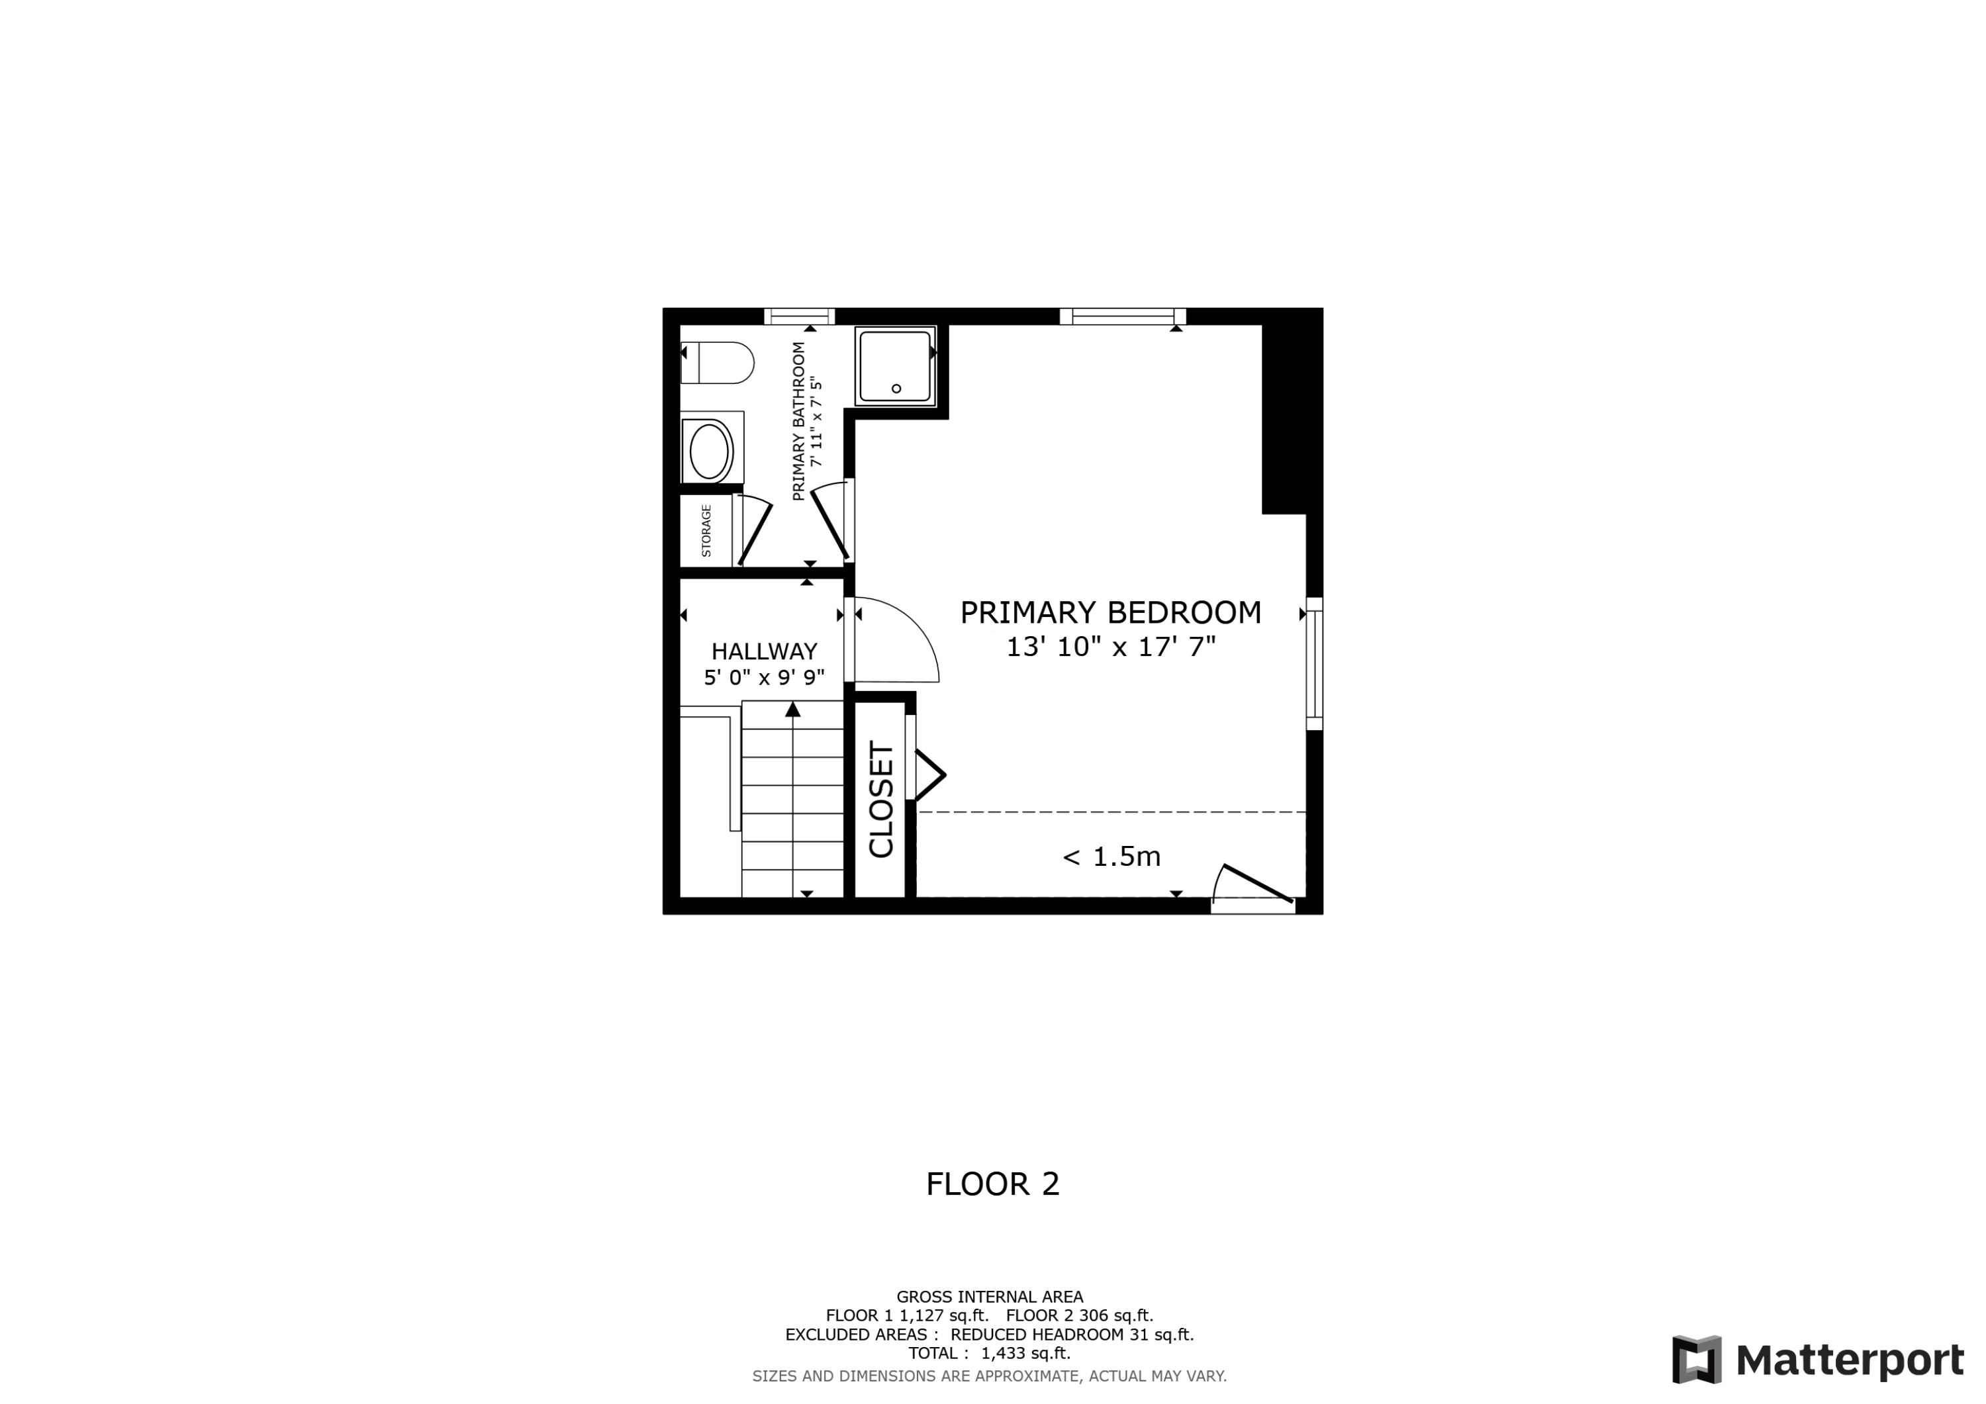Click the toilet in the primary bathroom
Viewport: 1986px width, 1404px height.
tap(718, 363)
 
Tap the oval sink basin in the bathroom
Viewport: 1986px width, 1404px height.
tap(708, 451)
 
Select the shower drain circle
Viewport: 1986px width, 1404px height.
tap(896, 389)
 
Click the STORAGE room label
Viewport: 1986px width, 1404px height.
tap(706, 530)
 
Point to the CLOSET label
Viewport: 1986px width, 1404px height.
tap(880, 800)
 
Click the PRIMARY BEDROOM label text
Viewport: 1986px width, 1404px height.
tap(1111, 612)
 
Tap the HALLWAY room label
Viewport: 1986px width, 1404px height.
tap(764, 651)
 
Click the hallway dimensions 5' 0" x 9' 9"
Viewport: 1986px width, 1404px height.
tap(764, 677)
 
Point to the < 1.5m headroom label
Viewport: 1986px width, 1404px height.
tap(1111, 857)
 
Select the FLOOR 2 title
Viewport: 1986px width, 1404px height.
tap(992, 1184)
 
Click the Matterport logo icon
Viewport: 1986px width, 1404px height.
tap(1696, 1359)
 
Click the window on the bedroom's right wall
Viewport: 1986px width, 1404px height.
tap(1314, 663)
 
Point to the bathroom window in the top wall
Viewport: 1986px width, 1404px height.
tap(799, 316)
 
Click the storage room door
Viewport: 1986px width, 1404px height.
tap(754, 532)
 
